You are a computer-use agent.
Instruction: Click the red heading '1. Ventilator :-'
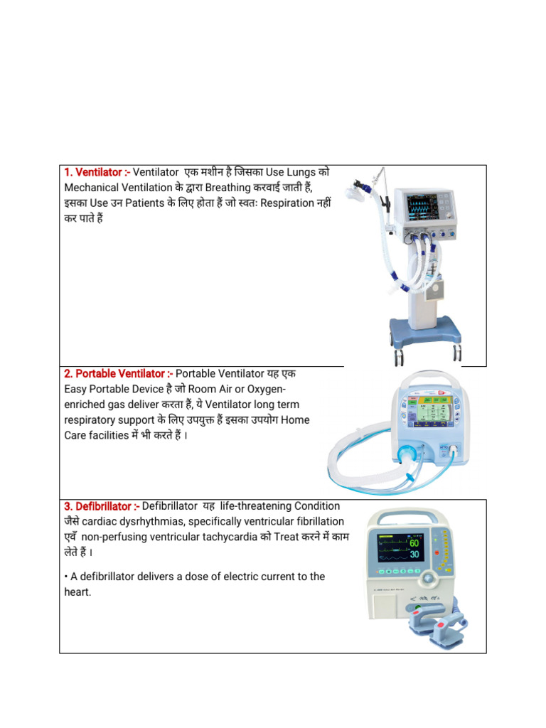click(x=97, y=173)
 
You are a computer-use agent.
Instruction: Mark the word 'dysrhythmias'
click(x=152, y=521)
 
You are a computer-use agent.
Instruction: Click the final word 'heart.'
click(x=77, y=591)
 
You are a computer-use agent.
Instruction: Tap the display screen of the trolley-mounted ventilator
click(x=422, y=206)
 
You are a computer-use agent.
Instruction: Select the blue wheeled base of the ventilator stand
click(x=424, y=333)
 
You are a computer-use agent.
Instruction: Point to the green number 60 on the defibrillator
click(x=414, y=544)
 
